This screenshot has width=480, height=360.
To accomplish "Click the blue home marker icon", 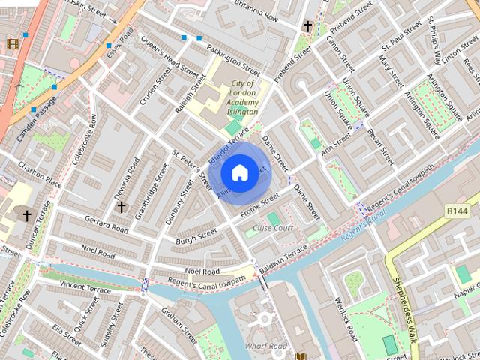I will click(x=239, y=172).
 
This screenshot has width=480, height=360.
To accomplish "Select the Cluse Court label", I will click(x=273, y=228).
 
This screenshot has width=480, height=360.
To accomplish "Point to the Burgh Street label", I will click(x=196, y=237).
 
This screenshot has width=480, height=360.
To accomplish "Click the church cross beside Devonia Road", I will click(x=121, y=205).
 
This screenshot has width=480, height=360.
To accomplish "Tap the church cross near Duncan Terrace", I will click(x=27, y=216).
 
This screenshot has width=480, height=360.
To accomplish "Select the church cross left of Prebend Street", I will click(x=307, y=26).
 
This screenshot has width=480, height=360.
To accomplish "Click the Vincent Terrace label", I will click(x=85, y=287).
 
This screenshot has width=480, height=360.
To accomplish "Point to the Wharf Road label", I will click(x=265, y=346).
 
